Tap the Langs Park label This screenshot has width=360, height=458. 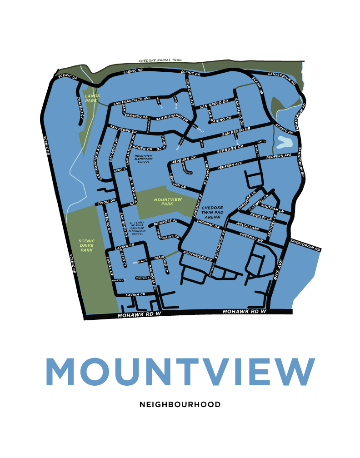[x=92, y=98]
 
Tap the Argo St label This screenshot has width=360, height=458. [x=119, y=169]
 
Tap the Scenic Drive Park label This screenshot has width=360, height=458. [x=86, y=246]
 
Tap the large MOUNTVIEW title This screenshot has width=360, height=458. [x=180, y=372]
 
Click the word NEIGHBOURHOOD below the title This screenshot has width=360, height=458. [x=180, y=404]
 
